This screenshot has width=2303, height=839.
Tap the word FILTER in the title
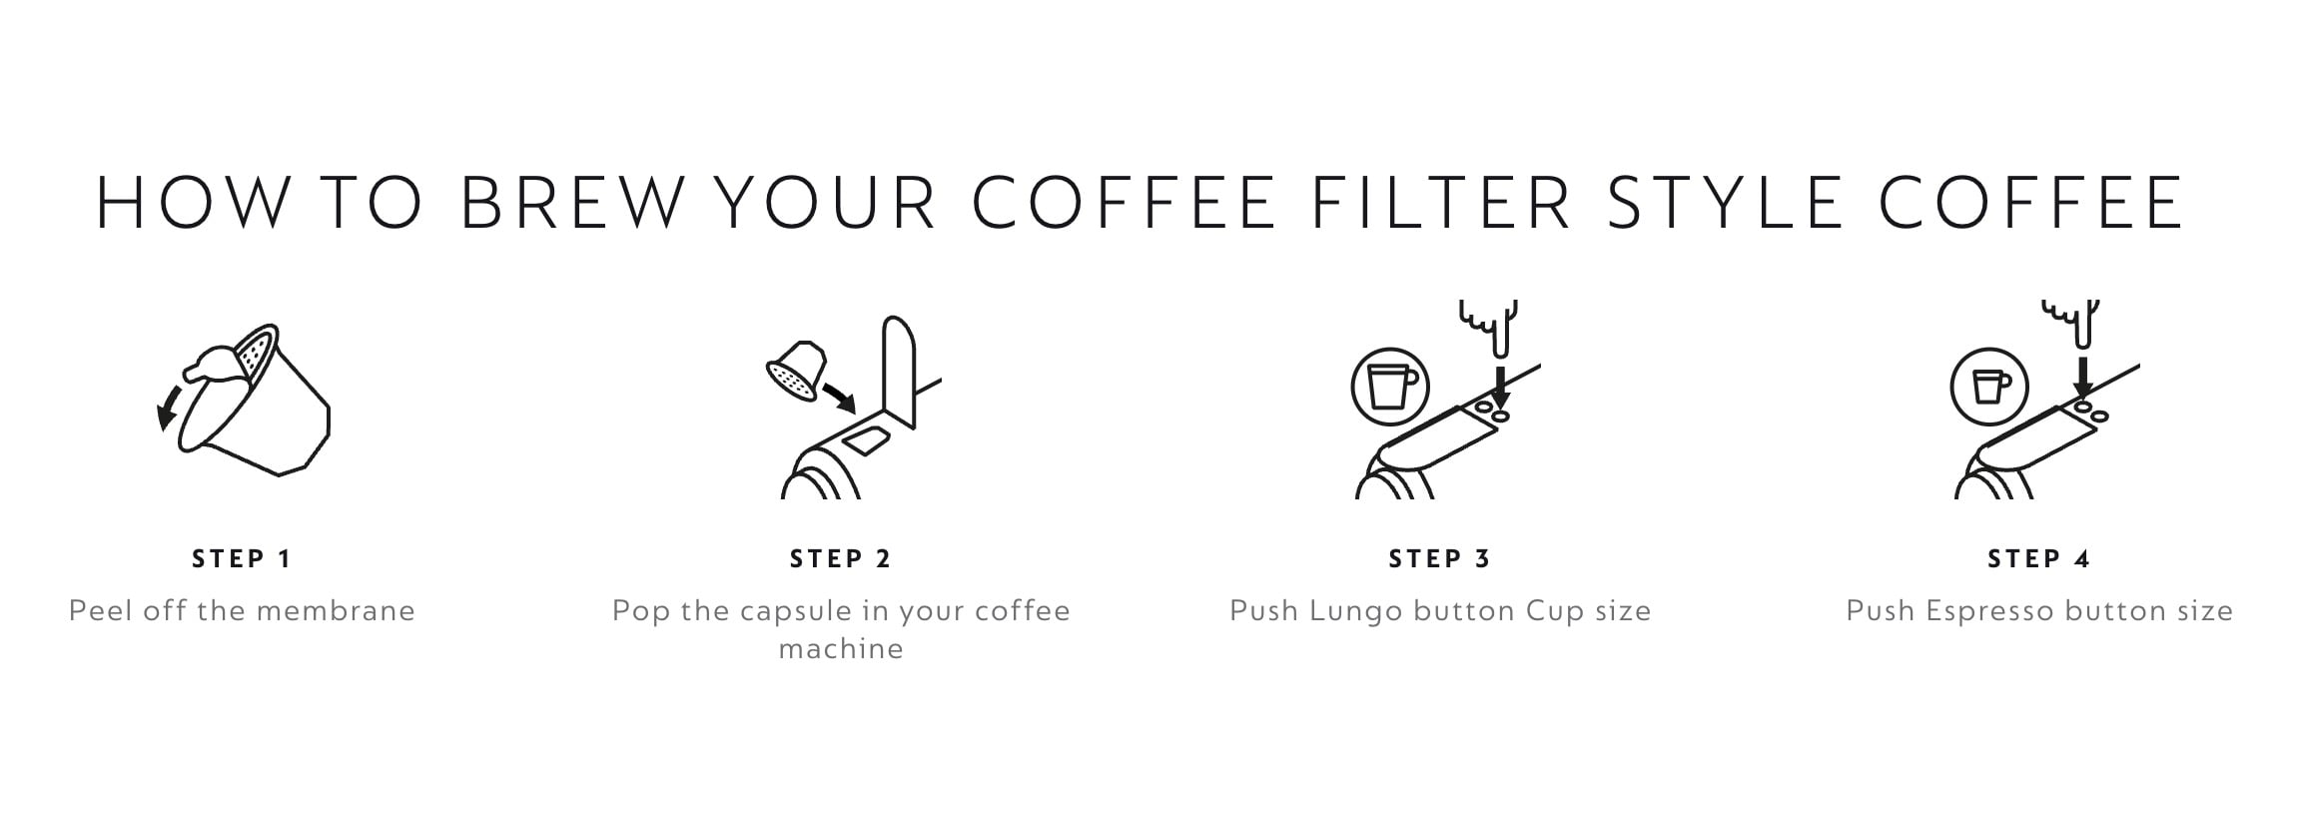[1441, 203]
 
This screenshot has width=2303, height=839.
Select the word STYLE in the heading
[1727, 203]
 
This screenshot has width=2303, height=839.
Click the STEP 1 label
[242, 559]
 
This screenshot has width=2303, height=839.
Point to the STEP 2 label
[841, 559]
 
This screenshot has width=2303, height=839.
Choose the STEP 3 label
[1440, 559]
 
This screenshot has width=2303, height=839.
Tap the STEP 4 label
[2039, 559]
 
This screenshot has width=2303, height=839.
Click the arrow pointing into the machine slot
[838, 397]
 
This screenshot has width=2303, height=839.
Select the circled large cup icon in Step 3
[1390, 387]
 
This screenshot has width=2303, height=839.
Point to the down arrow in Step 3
[1500, 384]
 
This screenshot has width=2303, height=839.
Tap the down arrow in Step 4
[2082, 377]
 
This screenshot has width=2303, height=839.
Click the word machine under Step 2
[841, 649]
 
